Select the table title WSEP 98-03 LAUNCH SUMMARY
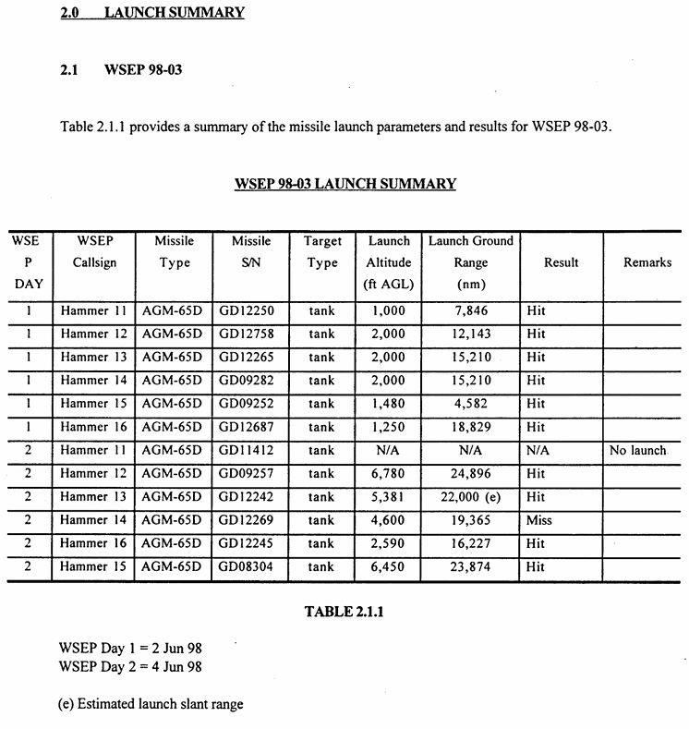coord(345,183)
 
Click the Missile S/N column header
coord(251,251)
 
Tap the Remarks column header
coord(647,262)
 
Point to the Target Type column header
coord(322,251)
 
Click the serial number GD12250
coord(247,310)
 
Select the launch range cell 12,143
coord(470,334)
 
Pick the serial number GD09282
coord(247,381)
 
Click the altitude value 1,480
coord(388,404)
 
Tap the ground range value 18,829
coord(470,427)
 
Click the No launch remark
coord(636,450)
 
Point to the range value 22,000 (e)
coord(470,497)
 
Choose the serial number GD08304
coord(247,567)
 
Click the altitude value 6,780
coord(388,474)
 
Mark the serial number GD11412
coord(247,450)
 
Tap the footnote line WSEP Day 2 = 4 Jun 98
coord(129,666)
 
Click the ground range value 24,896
coord(470,474)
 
